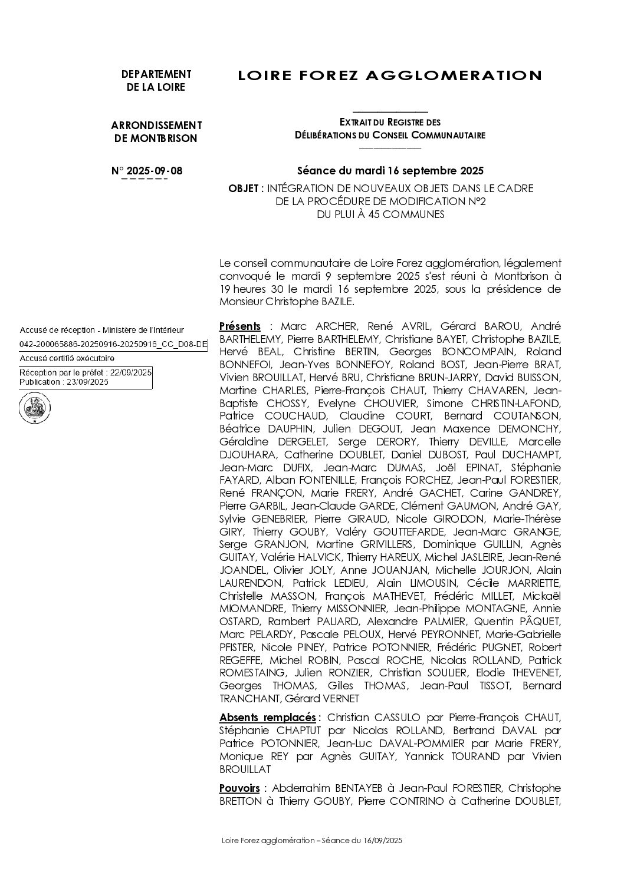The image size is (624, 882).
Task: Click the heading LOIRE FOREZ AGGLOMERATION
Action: pyautogui.click(x=389, y=75)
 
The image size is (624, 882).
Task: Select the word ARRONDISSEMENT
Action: pyautogui.click(x=156, y=125)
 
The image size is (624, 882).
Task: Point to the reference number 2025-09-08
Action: pyautogui.click(x=155, y=171)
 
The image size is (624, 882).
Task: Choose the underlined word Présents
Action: pyautogui.click(x=239, y=326)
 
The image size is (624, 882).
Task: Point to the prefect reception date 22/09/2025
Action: pyautogui.click(x=131, y=373)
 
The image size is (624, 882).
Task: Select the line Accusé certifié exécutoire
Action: pyautogui.click(x=67, y=358)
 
